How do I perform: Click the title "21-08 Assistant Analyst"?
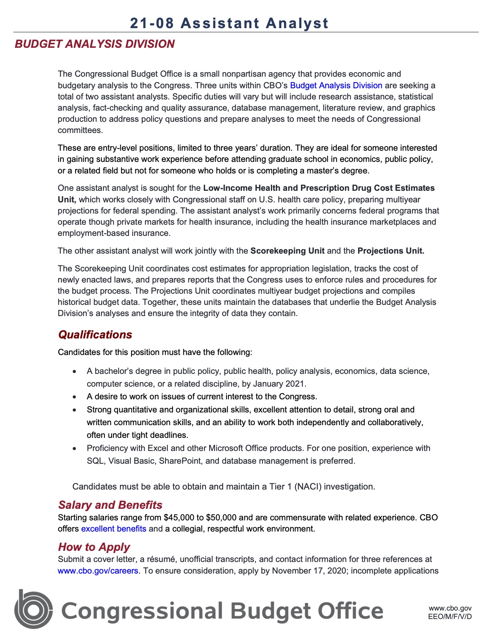(x=229, y=23)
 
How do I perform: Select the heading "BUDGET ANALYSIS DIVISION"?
(x=95, y=44)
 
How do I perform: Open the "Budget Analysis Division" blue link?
(x=336, y=85)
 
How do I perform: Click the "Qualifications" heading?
(x=95, y=335)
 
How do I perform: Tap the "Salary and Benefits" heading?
(x=110, y=505)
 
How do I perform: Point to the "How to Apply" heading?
(x=94, y=547)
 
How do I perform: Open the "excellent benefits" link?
(x=113, y=528)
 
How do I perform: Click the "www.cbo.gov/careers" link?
(x=98, y=570)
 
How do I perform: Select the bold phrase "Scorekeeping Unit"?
(x=287, y=251)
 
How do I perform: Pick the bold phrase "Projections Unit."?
(x=391, y=251)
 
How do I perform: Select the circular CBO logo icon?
(x=34, y=610)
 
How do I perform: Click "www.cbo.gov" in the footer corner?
(x=450, y=608)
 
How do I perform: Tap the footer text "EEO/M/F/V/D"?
(x=450, y=616)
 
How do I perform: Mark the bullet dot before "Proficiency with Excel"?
(x=74, y=449)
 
